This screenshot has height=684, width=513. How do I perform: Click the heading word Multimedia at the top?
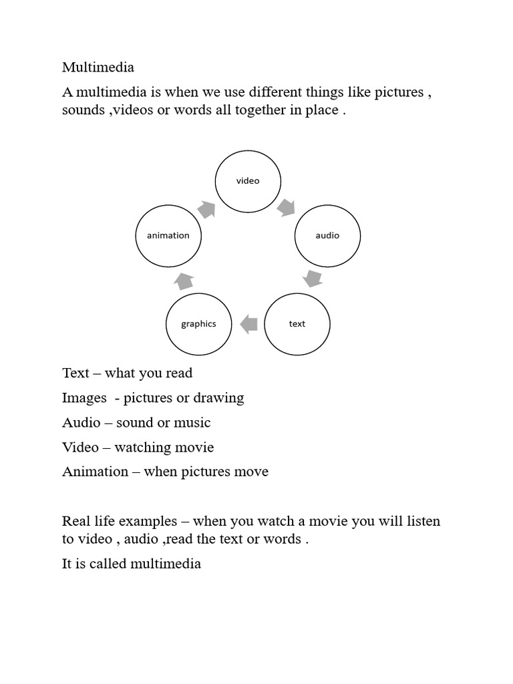tap(98, 67)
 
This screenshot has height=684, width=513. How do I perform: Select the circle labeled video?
tap(247, 181)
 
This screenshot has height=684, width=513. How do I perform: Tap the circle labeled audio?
tap(327, 236)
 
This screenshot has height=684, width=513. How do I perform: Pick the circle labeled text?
tap(297, 324)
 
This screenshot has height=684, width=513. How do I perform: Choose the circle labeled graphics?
tap(198, 324)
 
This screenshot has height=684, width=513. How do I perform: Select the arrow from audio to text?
tap(312, 278)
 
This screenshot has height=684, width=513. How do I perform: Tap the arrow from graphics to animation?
tap(184, 281)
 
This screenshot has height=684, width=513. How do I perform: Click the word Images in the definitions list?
tap(84, 398)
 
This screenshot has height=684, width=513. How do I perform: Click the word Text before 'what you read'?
tap(75, 373)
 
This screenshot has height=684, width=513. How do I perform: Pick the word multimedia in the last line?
tap(166, 564)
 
